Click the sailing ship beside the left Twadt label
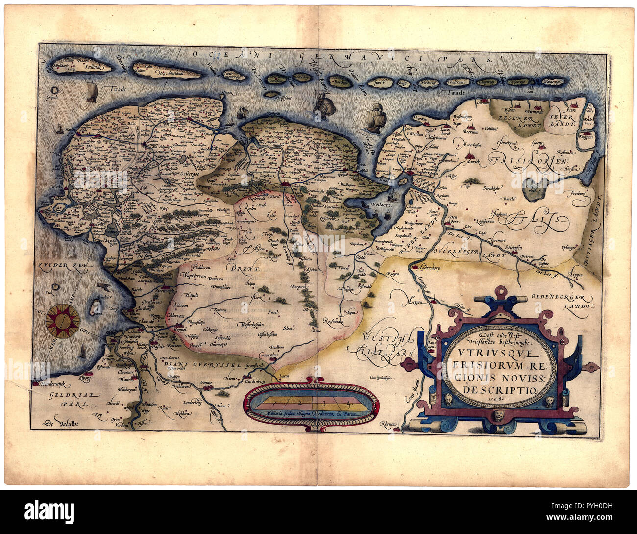(91, 92)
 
